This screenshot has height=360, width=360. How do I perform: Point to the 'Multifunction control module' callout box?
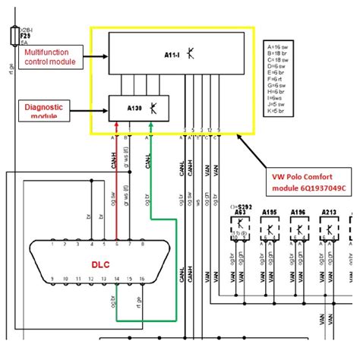point(56,55)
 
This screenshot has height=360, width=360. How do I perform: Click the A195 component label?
point(269,213)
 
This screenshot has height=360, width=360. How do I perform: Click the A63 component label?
point(239,214)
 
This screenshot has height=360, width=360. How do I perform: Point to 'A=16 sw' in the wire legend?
point(278,47)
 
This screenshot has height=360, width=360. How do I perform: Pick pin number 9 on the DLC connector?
point(52,280)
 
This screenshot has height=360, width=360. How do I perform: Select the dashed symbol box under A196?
point(300,227)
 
